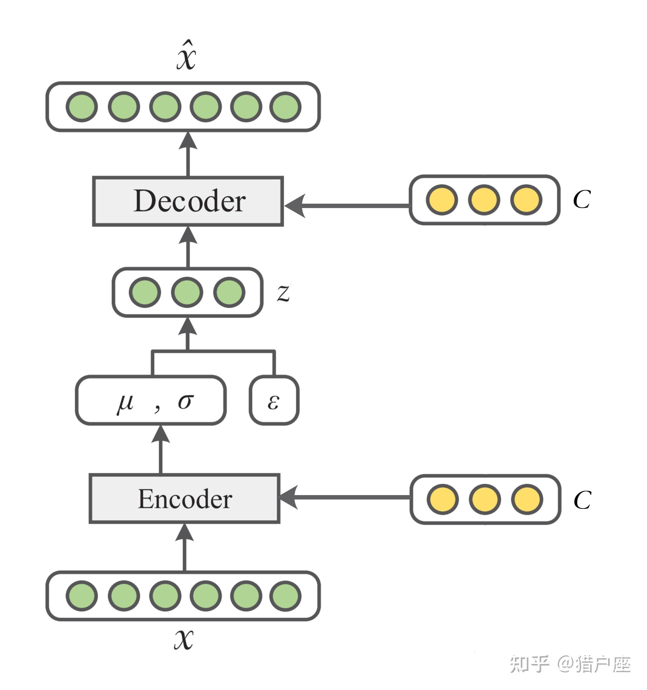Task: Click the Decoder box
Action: click(x=188, y=201)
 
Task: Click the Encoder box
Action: click(x=184, y=499)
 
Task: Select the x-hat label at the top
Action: click(x=186, y=56)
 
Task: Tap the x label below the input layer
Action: click(x=184, y=639)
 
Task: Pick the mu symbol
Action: click(x=125, y=403)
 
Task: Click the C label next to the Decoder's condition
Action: click(x=582, y=200)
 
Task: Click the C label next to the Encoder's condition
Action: click(x=582, y=500)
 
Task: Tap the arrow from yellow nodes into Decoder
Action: click(x=347, y=206)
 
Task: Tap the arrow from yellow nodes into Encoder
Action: click(x=344, y=497)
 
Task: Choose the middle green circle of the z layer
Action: click(x=187, y=292)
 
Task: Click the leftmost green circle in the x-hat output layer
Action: click(x=81, y=107)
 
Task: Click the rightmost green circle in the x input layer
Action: click(x=285, y=596)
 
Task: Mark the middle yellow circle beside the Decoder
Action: click(x=484, y=200)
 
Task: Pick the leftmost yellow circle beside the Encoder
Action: click(x=443, y=499)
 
